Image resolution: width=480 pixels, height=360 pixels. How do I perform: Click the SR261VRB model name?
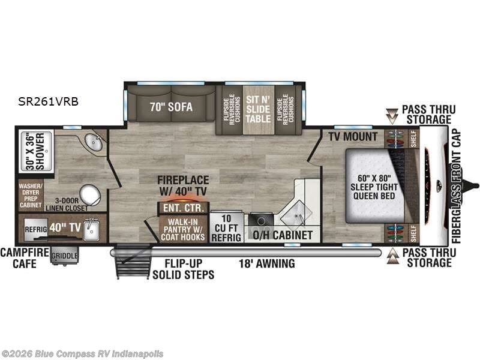[x=49, y=102]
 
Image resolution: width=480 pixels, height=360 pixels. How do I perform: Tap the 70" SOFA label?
[x=171, y=108]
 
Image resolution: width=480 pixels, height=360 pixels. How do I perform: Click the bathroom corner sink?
[x=94, y=143]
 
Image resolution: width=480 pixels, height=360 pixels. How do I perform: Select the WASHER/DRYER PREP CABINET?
[x=31, y=196]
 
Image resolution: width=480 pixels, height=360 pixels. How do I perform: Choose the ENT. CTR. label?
[x=184, y=208]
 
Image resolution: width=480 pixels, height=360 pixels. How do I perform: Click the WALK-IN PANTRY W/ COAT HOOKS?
[x=183, y=229]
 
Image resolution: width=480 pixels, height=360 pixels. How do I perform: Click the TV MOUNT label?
[x=353, y=137]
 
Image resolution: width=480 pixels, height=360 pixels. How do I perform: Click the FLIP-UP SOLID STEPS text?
[x=182, y=269]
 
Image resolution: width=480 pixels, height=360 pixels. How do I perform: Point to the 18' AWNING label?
[x=266, y=263]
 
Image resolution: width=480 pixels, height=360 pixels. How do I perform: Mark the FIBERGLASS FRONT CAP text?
[x=457, y=186]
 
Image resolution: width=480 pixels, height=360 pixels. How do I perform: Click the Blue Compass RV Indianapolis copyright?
[x=82, y=354]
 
